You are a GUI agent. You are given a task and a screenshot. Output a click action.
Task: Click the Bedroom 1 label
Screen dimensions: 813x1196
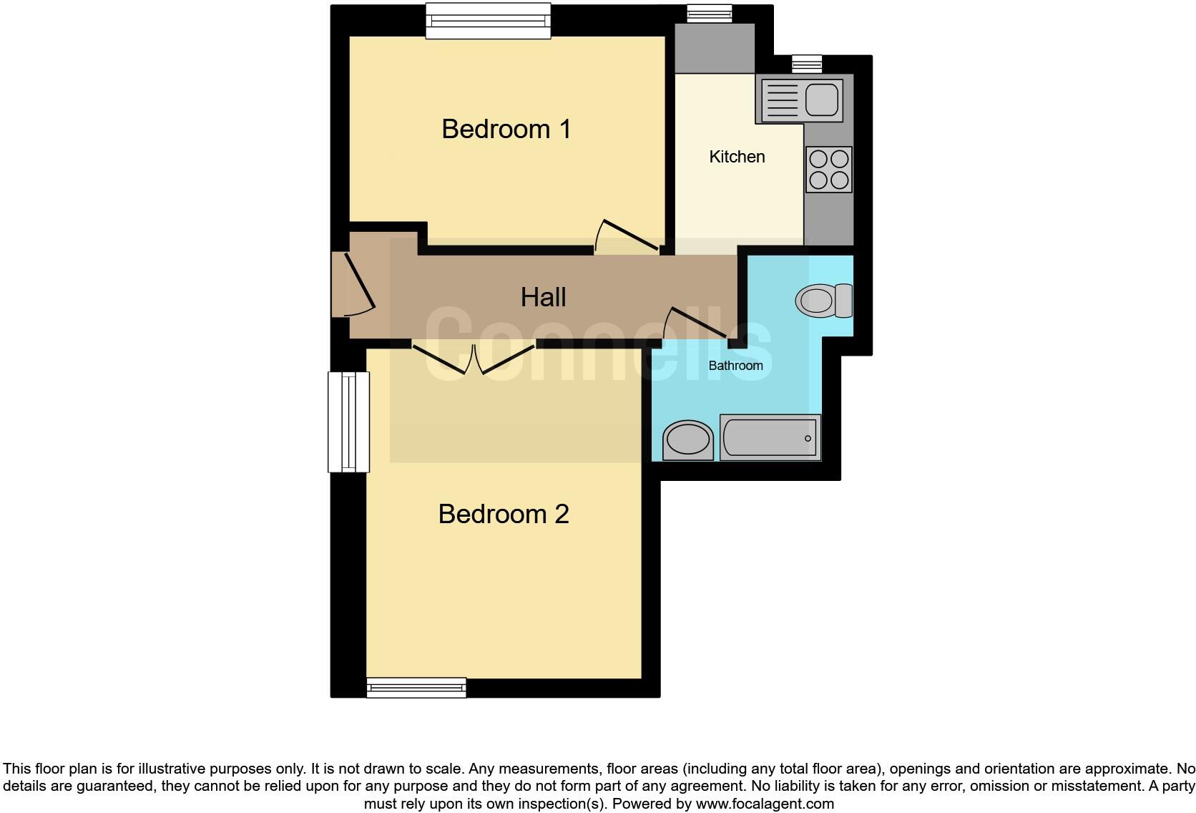pyautogui.click(x=506, y=130)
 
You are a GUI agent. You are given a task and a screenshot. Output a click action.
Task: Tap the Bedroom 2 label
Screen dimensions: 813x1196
pyautogui.click(x=503, y=514)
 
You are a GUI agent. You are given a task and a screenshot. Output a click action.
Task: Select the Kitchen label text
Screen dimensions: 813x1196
pyautogui.click(x=737, y=157)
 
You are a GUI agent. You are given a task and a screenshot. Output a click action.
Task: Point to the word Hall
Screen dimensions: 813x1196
pyautogui.click(x=543, y=297)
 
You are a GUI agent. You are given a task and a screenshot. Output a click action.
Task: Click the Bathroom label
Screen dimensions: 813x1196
pyautogui.click(x=735, y=366)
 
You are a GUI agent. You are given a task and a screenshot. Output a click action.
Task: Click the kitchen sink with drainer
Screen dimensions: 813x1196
pyautogui.click(x=800, y=99)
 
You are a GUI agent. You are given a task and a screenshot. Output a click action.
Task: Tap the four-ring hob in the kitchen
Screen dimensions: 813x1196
pyautogui.click(x=828, y=170)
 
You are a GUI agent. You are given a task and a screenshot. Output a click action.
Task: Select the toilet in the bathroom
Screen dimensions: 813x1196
pyautogui.click(x=823, y=301)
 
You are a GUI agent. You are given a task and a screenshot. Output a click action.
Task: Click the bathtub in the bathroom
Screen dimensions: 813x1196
pyautogui.click(x=770, y=437)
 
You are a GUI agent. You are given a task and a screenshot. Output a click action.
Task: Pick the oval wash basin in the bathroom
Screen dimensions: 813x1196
pyautogui.click(x=688, y=440)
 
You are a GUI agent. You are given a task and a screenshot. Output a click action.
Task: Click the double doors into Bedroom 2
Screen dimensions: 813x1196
pyautogui.click(x=473, y=358)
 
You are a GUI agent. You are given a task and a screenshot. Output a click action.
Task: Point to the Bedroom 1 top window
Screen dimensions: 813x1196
pyautogui.click(x=489, y=21)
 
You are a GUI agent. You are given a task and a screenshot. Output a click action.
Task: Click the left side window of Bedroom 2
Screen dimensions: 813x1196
pyautogui.click(x=348, y=422)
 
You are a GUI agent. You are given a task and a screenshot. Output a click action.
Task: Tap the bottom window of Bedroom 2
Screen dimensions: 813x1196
pyautogui.click(x=416, y=688)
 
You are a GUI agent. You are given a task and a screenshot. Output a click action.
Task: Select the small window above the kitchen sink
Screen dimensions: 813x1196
pyautogui.click(x=807, y=64)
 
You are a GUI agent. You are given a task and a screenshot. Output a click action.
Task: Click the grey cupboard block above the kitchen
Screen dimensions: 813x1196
pyautogui.click(x=715, y=48)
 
